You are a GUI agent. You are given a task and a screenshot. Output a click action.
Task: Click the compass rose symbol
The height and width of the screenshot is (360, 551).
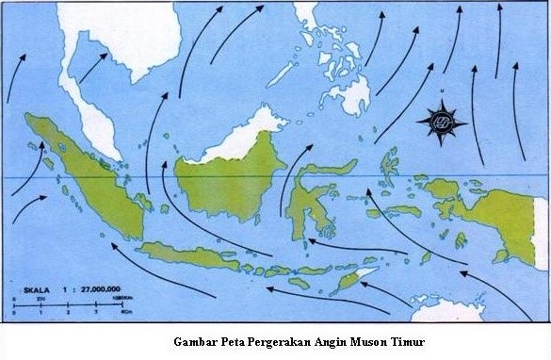pos(442,121)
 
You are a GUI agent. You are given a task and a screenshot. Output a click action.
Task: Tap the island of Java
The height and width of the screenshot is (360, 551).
pos(188,254)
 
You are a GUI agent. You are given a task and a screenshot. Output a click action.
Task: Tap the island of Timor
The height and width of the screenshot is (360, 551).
pos(353,277)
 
